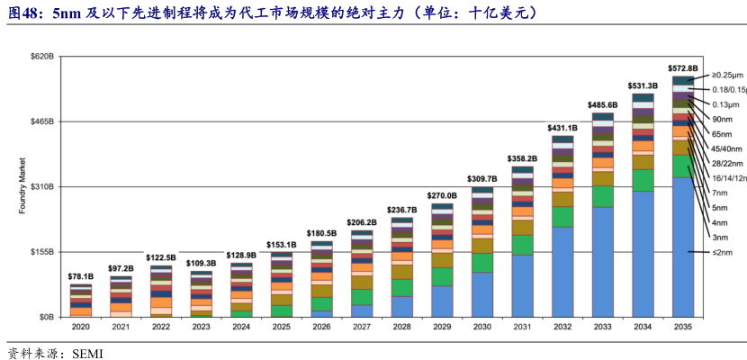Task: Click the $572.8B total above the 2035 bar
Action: [x=682, y=68]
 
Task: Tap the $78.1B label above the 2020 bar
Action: [x=81, y=276]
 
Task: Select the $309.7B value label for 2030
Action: [x=482, y=179]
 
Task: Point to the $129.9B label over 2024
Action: [x=241, y=256]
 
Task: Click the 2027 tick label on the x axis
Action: [x=362, y=328]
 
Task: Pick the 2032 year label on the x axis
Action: [x=562, y=328]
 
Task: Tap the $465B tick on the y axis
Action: [x=43, y=121]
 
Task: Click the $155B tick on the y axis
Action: [x=43, y=252]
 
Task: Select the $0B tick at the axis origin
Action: [x=47, y=317]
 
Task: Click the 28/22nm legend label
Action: [x=726, y=163]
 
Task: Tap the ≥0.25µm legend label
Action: [x=727, y=75]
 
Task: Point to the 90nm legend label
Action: [x=721, y=119]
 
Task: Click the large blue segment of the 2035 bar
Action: [x=682, y=247]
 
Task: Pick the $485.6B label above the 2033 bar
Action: [x=602, y=105]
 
